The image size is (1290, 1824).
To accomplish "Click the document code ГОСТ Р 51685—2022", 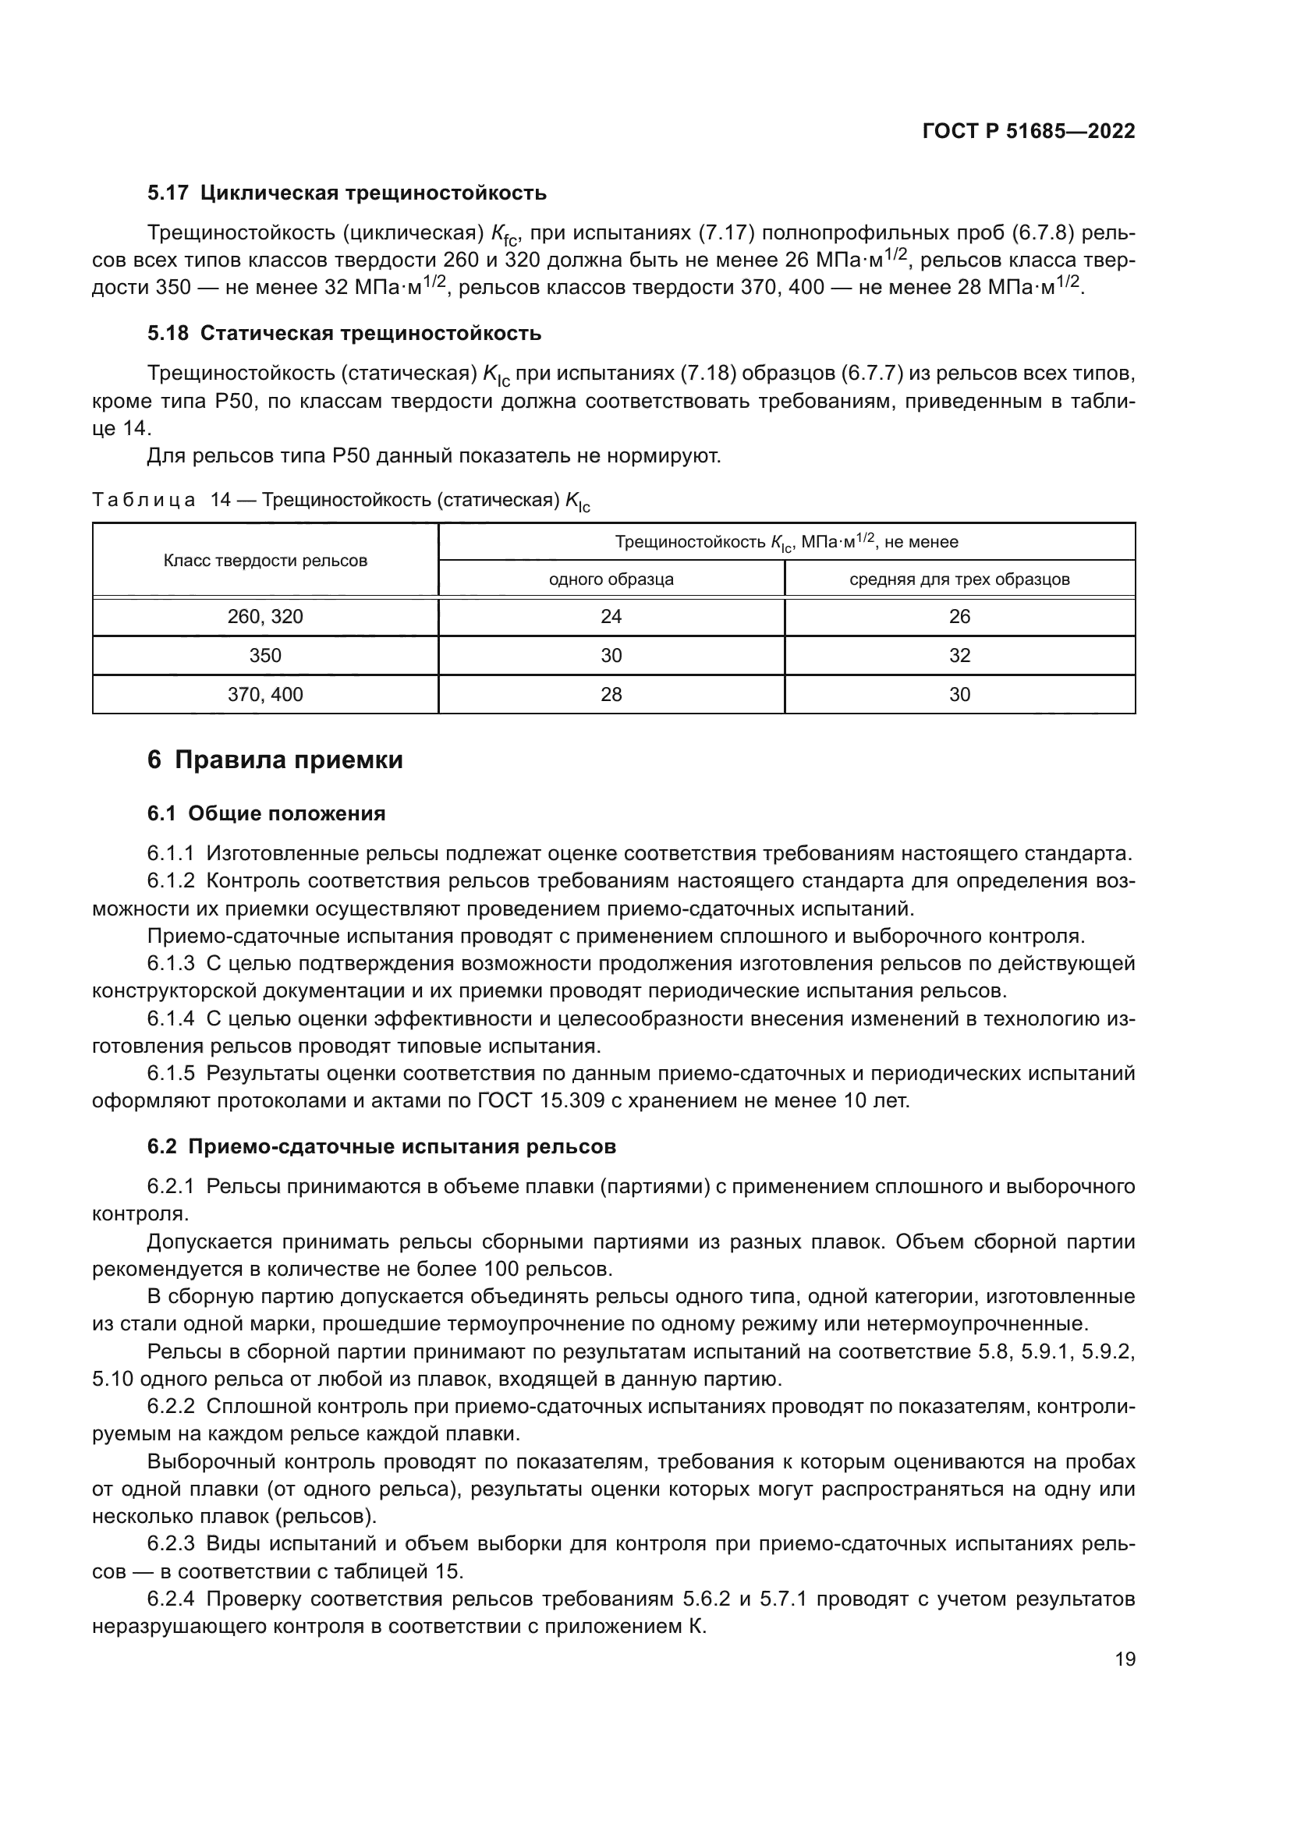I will pos(1028,132).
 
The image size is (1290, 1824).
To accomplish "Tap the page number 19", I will pos(1125,1659).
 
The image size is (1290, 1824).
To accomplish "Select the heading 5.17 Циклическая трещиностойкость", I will pos(347,193).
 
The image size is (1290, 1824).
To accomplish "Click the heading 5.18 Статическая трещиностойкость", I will pos(344,334).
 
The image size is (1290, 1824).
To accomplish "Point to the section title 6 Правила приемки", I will pos(275,760).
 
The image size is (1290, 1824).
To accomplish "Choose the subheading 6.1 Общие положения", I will pos(266,813).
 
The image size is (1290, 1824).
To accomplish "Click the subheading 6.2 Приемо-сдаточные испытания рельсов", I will pos(381,1147).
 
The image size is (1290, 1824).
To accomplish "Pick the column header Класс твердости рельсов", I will pos(265,561).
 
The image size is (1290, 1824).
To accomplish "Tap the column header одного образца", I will pos(611,579).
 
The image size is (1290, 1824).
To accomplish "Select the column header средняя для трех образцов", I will pos(959,579).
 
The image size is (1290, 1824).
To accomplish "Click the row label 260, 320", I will pos(265,618).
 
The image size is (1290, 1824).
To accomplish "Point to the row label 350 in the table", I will pos(265,655).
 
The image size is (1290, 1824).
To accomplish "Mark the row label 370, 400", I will pos(265,695).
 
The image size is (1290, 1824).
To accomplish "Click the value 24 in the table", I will pos(611,618).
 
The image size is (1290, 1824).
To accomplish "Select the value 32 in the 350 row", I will pos(959,655).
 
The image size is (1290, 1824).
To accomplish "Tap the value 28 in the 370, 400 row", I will pos(611,695).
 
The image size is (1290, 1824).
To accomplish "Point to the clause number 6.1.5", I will pos(171,1074).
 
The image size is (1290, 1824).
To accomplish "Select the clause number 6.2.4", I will pos(171,1599).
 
